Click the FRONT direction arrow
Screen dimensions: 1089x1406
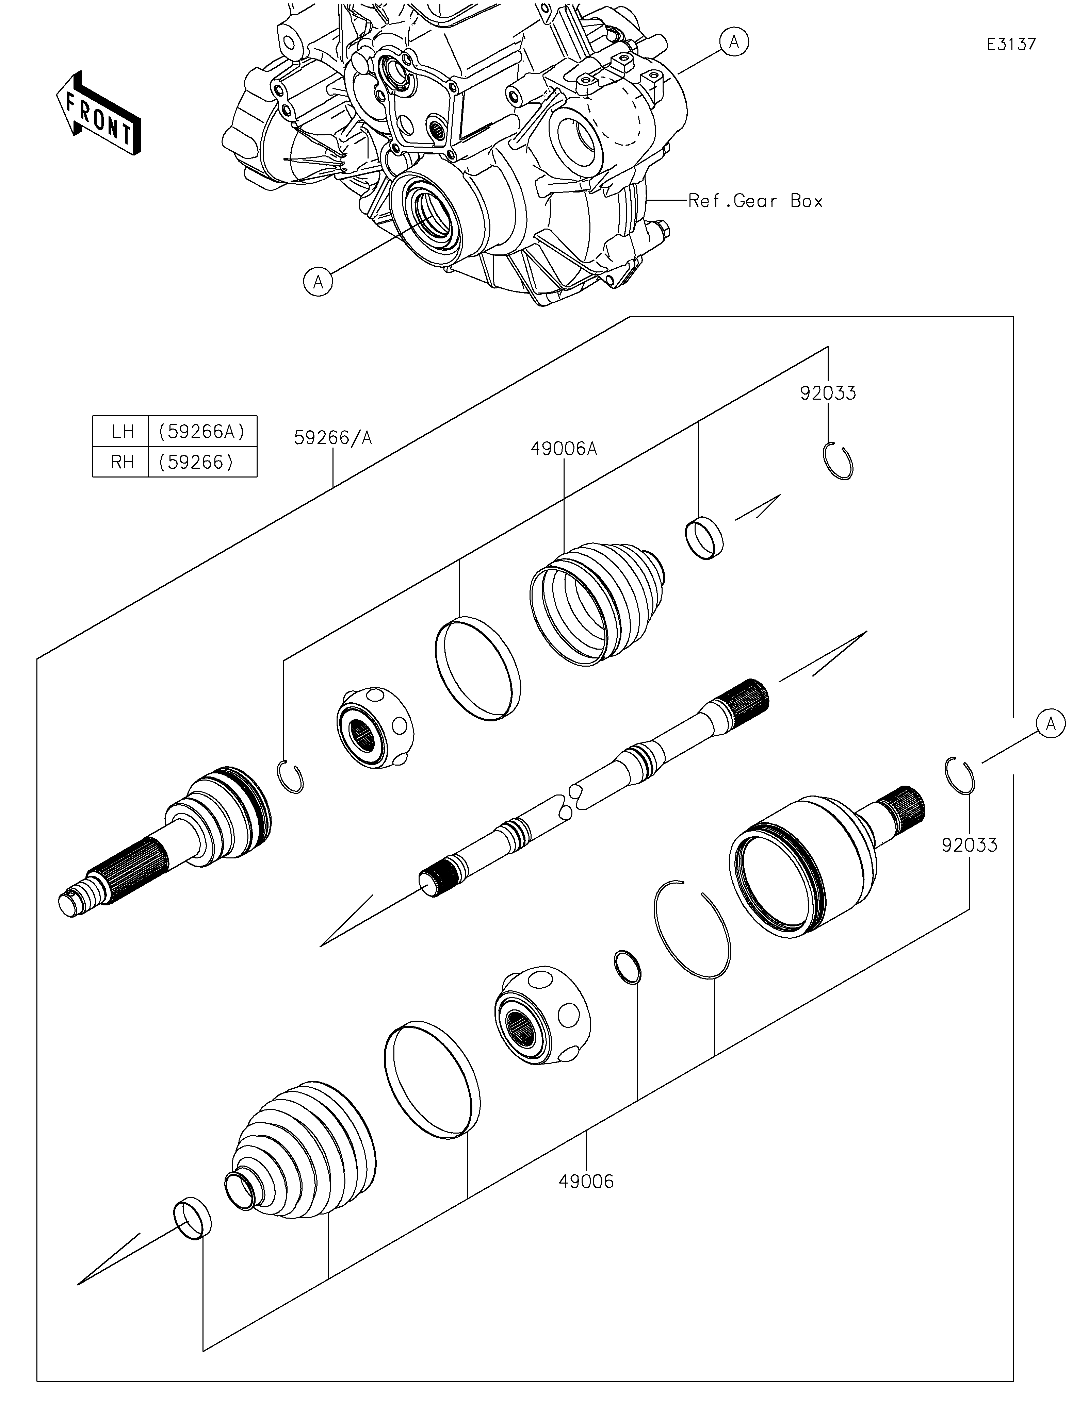99,113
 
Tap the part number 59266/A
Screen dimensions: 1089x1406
333,438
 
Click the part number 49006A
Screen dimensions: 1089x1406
564,449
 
